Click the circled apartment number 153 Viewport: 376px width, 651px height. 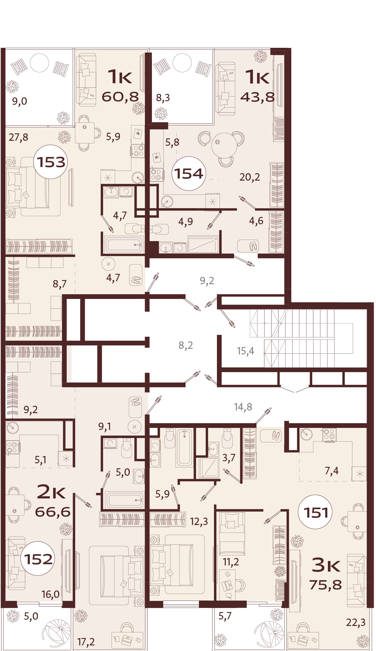coord(50,162)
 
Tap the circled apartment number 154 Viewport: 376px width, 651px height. coord(189,174)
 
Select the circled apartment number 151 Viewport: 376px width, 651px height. coord(315,513)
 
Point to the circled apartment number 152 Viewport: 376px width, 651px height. coord(38,559)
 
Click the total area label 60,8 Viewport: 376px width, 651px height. coord(120,96)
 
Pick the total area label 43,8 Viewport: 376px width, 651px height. coord(257,97)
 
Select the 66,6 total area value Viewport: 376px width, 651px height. coord(53,512)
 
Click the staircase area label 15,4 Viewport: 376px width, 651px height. coord(245,351)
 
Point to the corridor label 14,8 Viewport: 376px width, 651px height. coord(243,407)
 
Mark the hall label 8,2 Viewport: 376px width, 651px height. coord(186,345)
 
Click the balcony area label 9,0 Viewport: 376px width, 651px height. coord(19,101)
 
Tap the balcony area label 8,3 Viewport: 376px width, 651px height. coord(163,97)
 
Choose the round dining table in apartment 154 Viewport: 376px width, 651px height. coord(224,145)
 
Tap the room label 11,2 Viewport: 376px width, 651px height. coord(231,562)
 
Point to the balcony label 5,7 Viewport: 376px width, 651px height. coord(225,616)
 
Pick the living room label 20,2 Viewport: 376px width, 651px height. coord(250,177)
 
